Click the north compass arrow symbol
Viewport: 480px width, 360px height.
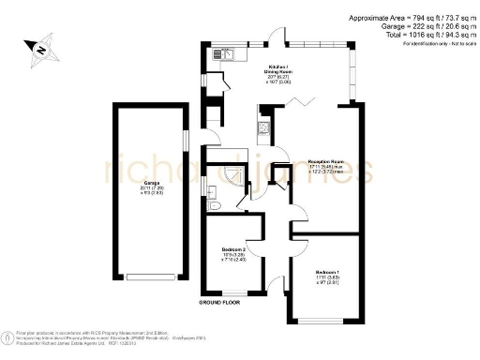click(x=38, y=47)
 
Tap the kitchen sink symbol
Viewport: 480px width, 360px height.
click(x=229, y=54)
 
